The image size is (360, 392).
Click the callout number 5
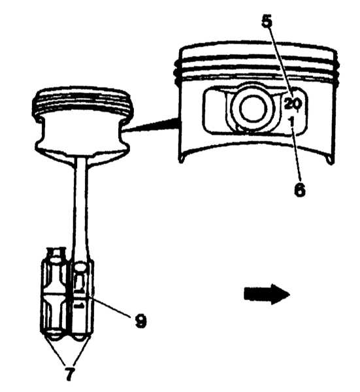[x=267, y=21]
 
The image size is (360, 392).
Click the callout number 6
[x=300, y=189]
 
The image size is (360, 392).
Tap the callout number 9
[x=140, y=321]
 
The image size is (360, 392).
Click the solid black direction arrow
[x=267, y=294]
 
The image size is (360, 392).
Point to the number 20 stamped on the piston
[x=293, y=103]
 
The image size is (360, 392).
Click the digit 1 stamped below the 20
[x=291, y=122]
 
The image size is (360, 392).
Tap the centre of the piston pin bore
[x=252, y=108]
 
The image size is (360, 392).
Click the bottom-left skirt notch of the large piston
[x=181, y=159]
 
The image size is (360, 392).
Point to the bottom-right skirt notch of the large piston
[x=331, y=160]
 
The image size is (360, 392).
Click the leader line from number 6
[x=296, y=152]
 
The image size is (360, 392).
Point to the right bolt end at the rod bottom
[x=80, y=338]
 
